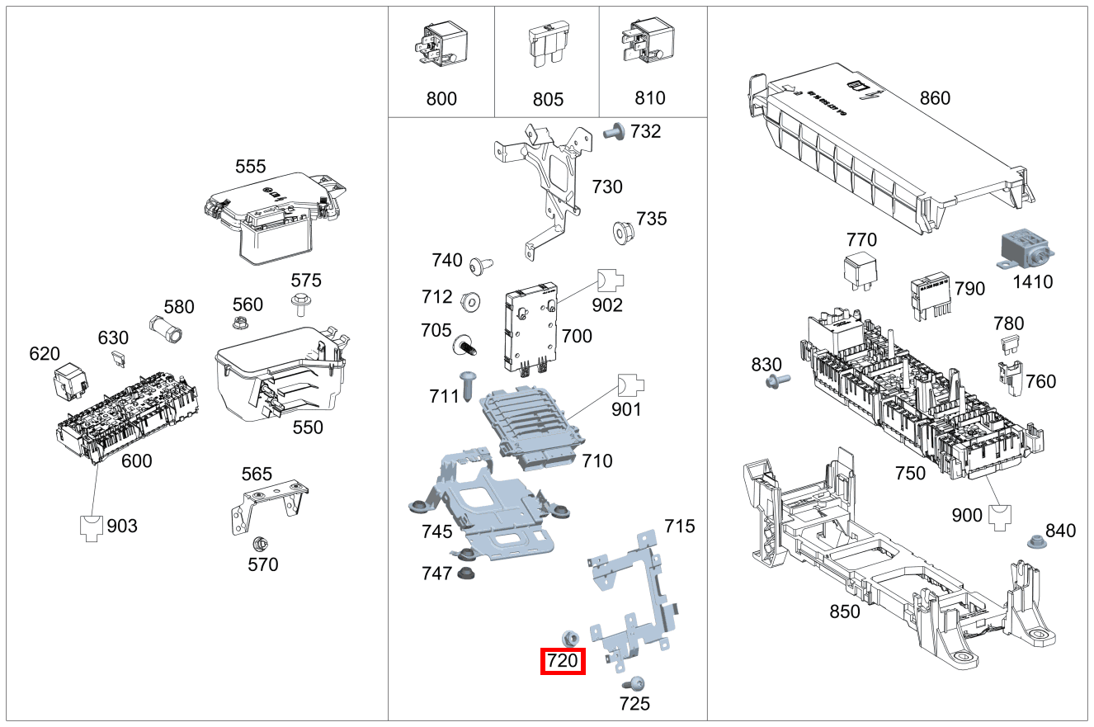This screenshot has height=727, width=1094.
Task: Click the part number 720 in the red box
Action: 563,661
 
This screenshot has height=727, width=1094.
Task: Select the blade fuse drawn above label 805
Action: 547,46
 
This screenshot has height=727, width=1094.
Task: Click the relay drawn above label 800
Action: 441,45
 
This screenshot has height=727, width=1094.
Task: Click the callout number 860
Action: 934,99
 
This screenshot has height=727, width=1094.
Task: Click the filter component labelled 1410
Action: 1026,249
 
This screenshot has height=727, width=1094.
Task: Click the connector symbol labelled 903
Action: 92,526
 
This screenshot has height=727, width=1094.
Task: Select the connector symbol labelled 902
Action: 610,281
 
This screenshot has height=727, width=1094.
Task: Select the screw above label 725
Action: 635,682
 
